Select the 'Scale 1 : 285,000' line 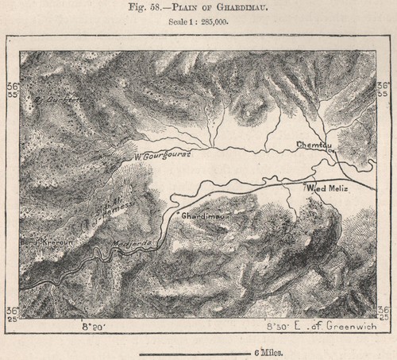[198, 22]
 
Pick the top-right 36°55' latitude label [384, 87]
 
